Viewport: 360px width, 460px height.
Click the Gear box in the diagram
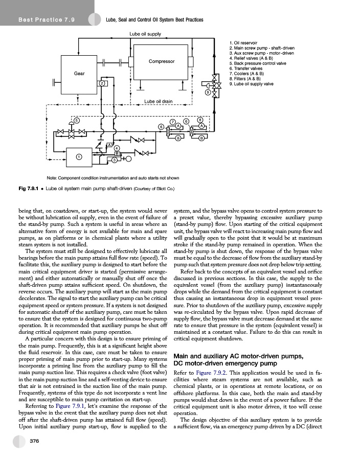pos(79,73)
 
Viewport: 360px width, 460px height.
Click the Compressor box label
pos(161,61)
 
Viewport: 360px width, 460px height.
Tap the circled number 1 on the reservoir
pos(79,156)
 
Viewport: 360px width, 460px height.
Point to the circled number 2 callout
pos(102,83)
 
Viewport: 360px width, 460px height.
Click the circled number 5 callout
pos(77,120)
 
